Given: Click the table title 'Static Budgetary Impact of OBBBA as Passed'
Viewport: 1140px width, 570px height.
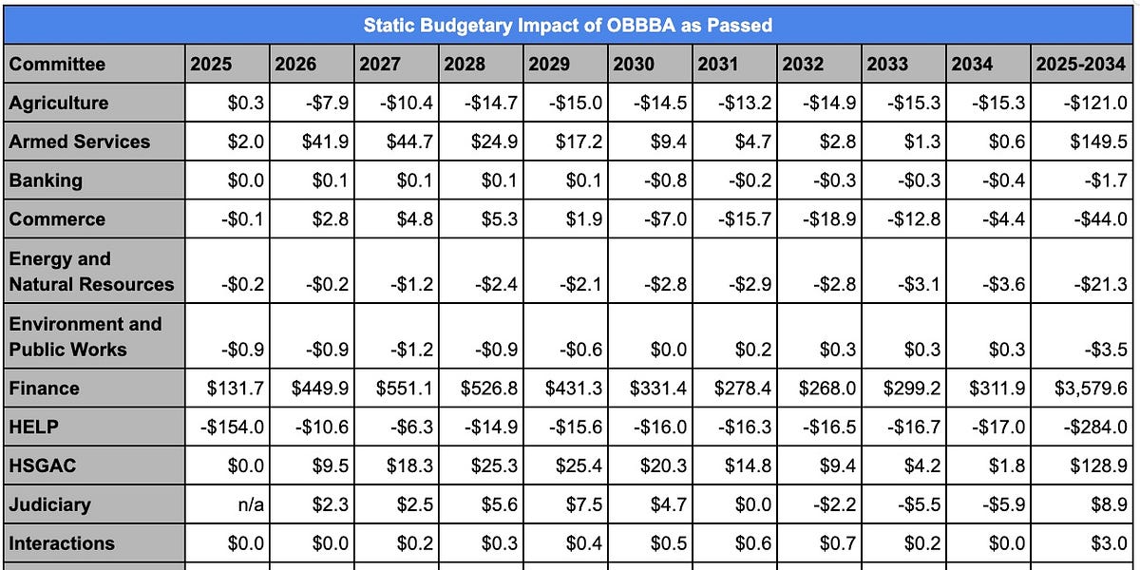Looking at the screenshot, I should (567, 25).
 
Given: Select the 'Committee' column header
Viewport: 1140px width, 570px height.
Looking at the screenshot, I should (57, 65).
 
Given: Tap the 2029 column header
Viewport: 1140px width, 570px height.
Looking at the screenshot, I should (549, 65).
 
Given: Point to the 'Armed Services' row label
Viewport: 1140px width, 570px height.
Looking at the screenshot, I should (80, 142).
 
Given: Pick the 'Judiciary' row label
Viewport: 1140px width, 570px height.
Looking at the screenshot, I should (49, 504).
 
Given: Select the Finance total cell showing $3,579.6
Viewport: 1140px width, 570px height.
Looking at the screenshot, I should (1091, 388).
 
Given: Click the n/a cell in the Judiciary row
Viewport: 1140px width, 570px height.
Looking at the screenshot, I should (249, 504).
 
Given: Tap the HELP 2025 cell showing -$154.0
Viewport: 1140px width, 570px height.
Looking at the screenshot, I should (233, 427).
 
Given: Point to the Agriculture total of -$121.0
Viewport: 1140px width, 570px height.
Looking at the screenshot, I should (1095, 103).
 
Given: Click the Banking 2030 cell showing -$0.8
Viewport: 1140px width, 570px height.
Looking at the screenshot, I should (663, 180).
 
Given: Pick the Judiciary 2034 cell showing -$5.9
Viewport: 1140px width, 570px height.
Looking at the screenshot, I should (1000, 504).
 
